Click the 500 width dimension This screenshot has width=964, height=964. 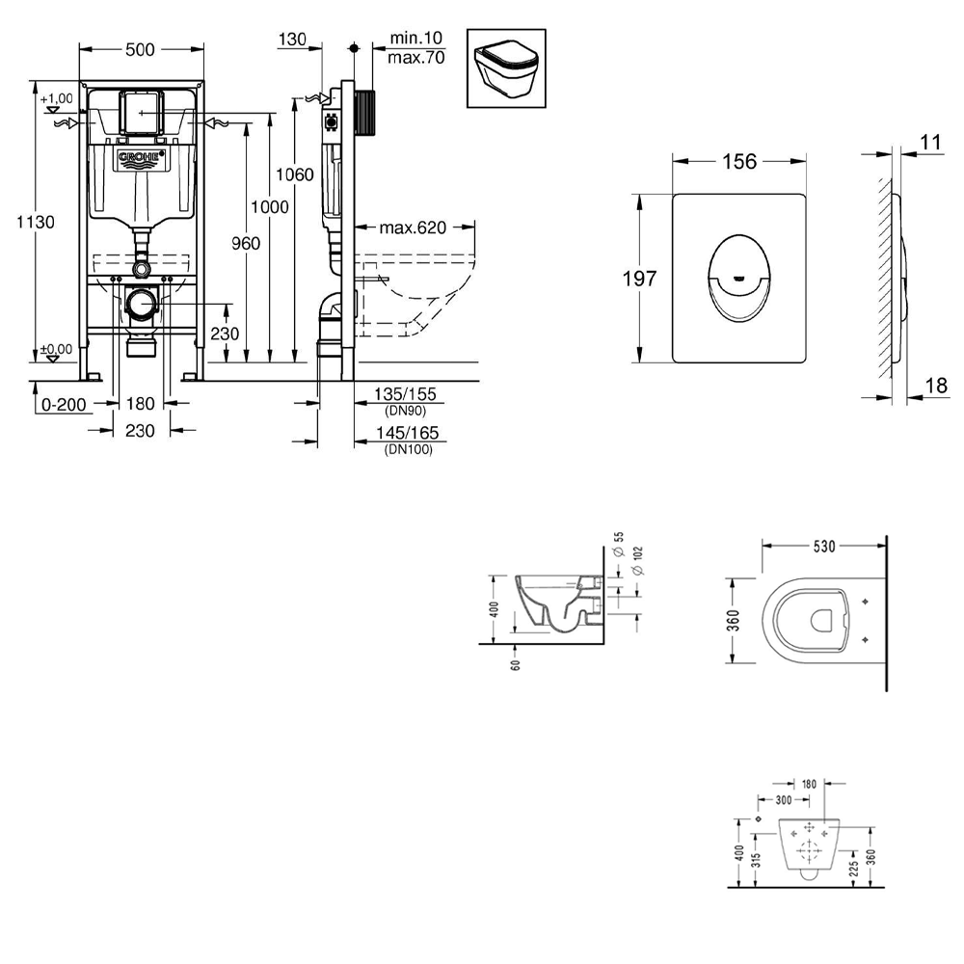tap(140, 50)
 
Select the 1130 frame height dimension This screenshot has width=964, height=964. tap(36, 222)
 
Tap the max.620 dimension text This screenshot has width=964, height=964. tap(413, 228)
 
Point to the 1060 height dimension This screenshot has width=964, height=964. tap(294, 175)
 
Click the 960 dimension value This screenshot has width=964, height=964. tap(246, 244)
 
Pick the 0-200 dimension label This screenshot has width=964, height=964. tap(64, 405)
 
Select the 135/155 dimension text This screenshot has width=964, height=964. tap(405, 394)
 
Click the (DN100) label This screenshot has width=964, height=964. tap(408, 449)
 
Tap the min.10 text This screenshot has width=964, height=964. tap(416, 39)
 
